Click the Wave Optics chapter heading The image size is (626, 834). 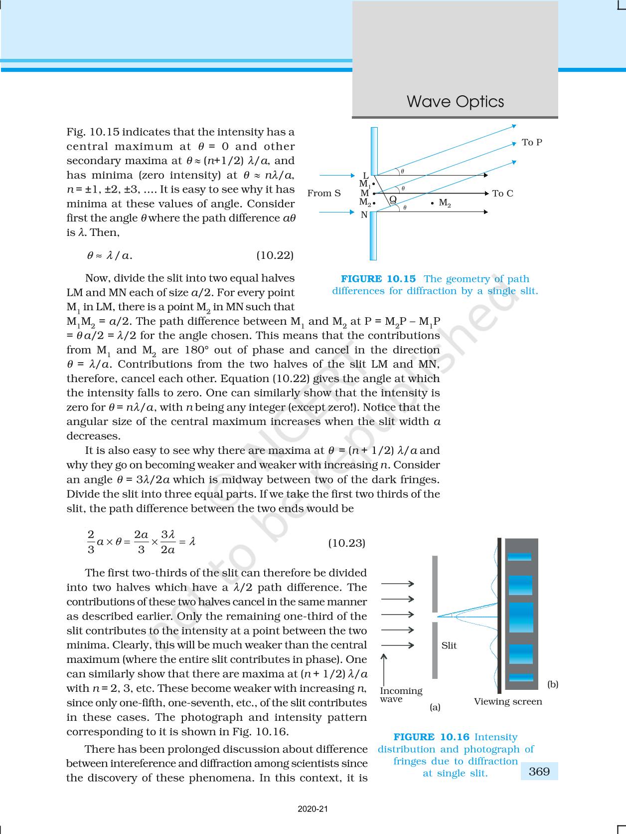click(x=455, y=102)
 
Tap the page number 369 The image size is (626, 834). click(x=539, y=772)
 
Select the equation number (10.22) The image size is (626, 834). click(x=275, y=256)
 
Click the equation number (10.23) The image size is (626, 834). click(x=346, y=543)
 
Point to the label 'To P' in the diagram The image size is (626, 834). click(x=532, y=143)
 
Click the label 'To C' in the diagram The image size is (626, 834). click(x=502, y=194)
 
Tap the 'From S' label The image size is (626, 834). click(x=324, y=194)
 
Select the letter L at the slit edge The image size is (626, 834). click(x=365, y=176)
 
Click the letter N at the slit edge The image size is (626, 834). click(x=364, y=215)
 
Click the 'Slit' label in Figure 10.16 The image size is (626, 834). click(x=449, y=645)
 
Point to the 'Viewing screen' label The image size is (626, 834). click(x=507, y=702)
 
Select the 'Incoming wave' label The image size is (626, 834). click(x=401, y=695)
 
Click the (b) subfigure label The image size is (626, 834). click(x=553, y=684)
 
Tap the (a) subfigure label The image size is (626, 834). click(x=435, y=707)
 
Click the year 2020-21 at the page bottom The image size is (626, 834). click(x=313, y=809)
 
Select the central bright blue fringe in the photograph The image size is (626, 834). click(x=521, y=618)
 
